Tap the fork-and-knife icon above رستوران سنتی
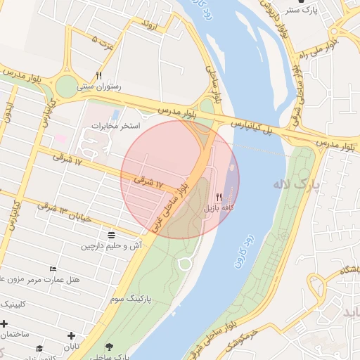[x=99, y=75]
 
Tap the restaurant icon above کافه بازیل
[x=219, y=198]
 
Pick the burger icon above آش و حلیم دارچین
[x=111, y=235]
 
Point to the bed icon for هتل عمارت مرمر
[x=53, y=269]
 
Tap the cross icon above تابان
[x=71, y=336]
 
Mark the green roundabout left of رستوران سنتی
[x=65, y=86]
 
